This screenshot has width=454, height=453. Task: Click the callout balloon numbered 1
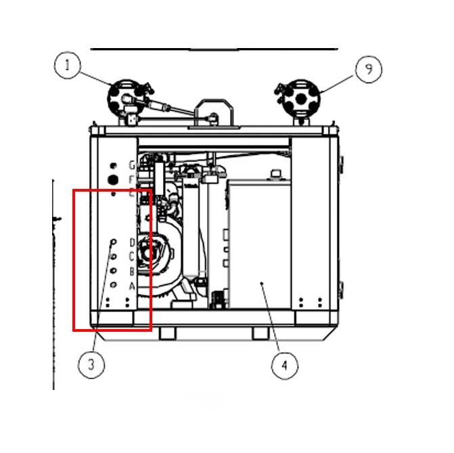coord(67,66)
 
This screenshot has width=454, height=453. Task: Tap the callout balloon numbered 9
coord(369,68)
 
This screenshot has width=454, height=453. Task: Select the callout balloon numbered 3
coord(91,366)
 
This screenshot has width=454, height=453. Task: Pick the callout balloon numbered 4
coord(284,366)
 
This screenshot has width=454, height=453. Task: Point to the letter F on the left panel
coord(133,179)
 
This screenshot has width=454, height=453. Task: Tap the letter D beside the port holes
coord(132,242)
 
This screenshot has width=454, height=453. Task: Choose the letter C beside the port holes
coord(132,257)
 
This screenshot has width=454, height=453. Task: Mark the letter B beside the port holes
coord(132,271)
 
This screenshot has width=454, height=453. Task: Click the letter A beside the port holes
coord(132,286)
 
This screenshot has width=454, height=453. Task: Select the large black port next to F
coord(114,179)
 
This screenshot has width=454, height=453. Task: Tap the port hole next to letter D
coord(113,242)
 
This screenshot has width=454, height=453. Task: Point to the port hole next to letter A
coord(113,285)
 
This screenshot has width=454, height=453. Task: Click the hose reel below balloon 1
coord(124,98)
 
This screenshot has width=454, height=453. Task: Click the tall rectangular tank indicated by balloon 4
coord(260,244)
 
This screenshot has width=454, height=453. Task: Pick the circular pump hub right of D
coord(151,256)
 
